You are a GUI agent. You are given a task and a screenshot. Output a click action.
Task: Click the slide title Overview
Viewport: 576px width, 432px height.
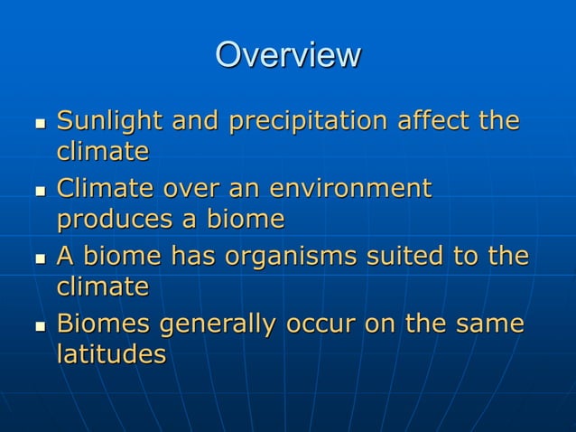tap(287, 55)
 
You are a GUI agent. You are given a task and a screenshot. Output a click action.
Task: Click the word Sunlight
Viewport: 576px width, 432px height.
tap(109, 121)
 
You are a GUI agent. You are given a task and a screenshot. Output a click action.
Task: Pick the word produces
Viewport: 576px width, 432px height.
tap(111, 220)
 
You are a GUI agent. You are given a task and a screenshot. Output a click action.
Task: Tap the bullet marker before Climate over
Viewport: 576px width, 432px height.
tap(38, 191)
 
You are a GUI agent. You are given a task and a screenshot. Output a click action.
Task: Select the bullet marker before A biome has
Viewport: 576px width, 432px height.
tap(38, 258)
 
